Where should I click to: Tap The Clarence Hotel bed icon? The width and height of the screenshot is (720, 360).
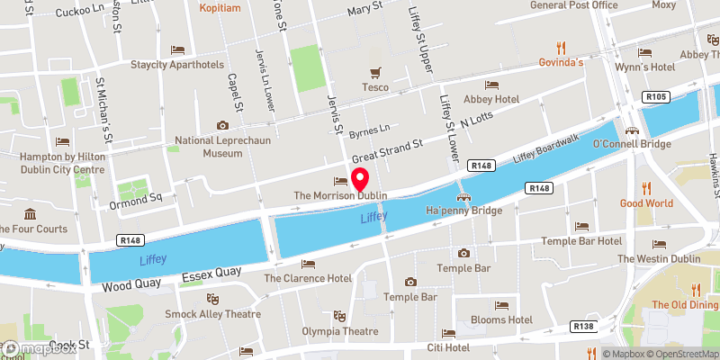pyautogui.click(x=308, y=265)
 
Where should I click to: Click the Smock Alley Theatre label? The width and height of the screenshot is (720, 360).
pyautogui.click(x=212, y=314)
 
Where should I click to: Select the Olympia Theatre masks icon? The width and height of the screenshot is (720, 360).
pyautogui.click(x=340, y=316)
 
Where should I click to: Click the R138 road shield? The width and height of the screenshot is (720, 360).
pyautogui.click(x=582, y=326)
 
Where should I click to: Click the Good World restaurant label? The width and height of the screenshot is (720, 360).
pyautogui.click(x=646, y=203)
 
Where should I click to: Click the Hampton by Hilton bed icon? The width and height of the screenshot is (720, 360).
pyautogui.click(x=62, y=141)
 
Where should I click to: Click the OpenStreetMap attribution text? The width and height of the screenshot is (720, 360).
pyautogui.click(x=680, y=354)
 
